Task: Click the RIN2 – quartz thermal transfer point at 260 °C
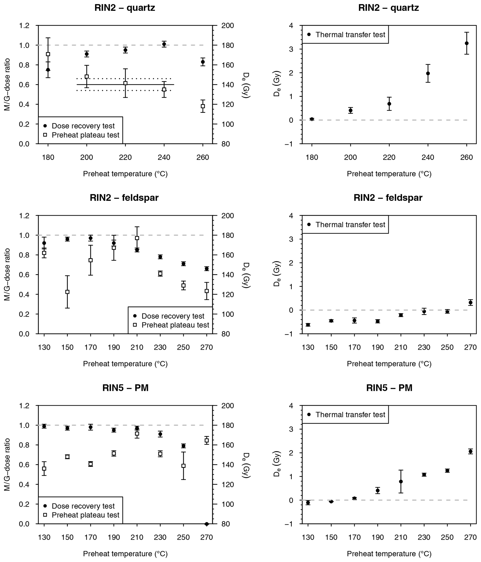click(x=467, y=43)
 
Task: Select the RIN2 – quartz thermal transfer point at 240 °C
click(x=428, y=73)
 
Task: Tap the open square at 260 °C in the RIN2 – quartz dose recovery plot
click(x=203, y=106)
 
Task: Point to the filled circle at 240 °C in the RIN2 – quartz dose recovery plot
click(x=164, y=44)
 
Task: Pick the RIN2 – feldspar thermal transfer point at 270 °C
click(x=471, y=302)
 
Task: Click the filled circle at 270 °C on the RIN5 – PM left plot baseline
click(x=206, y=524)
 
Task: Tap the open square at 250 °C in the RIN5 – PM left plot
click(x=183, y=466)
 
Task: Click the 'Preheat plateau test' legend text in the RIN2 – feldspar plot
click(x=175, y=325)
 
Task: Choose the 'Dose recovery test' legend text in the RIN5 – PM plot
click(x=83, y=506)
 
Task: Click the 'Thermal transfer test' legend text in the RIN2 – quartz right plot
click(x=350, y=35)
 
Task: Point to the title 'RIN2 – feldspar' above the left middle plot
click(x=124, y=198)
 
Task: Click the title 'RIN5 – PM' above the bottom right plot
click(x=389, y=388)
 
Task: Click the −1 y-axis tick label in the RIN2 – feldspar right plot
click(x=290, y=334)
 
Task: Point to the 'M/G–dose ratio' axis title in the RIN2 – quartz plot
click(x=7, y=85)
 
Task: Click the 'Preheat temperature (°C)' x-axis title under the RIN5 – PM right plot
click(x=389, y=554)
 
